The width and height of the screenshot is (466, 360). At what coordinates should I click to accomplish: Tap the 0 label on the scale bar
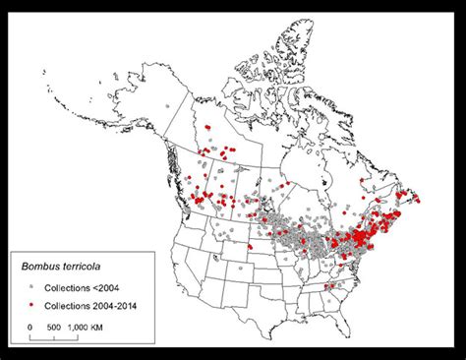[x=29, y=326]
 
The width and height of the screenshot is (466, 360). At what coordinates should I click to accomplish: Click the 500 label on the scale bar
[x=54, y=326]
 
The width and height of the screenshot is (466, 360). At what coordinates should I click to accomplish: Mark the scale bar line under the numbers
[x=54, y=337]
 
